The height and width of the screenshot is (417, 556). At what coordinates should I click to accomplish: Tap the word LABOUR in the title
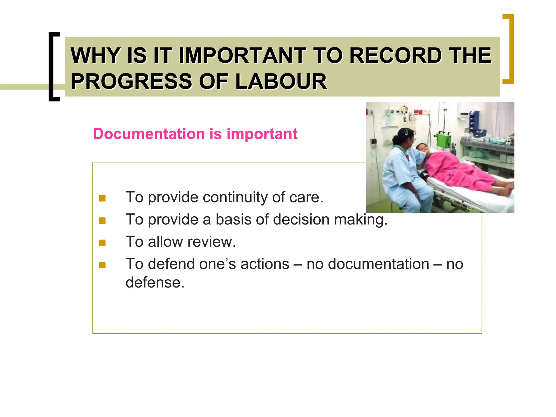pos(281,81)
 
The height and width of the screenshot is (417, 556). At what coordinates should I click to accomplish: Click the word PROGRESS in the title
pos(132,81)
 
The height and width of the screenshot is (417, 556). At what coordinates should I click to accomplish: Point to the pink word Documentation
pos(149,134)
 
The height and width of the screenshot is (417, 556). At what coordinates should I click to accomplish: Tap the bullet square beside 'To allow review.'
pos(102,242)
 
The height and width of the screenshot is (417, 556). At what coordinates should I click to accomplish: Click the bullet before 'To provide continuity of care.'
pos(102,198)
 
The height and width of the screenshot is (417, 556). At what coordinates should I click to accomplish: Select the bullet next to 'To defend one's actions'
pos(102,265)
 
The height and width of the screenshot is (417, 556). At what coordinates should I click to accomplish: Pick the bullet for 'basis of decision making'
pos(102,220)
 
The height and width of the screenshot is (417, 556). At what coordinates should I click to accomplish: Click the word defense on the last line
pos(155,283)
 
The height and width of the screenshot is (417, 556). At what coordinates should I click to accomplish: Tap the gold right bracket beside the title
pos(508,49)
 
